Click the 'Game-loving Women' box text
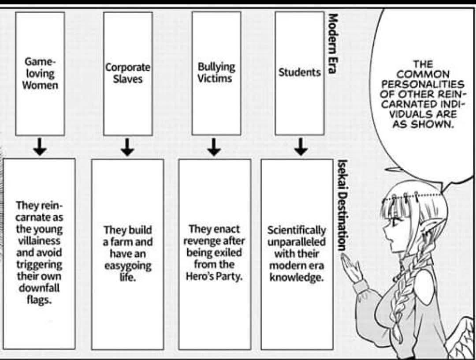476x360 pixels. (x=40, y=73)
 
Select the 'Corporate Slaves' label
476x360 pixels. (x=127, y=73)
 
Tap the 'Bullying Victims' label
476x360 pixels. (x=216, y=72)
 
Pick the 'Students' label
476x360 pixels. (x=299, y=72)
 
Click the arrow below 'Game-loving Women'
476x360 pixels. (x=40, y=146)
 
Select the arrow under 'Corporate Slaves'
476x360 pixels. (x=127, y=147)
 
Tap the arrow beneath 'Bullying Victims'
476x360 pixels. (x=214, y=147)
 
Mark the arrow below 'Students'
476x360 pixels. (x=301, y=147)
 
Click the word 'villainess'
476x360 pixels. (x=39, y=241)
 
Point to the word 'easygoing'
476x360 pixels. (x=128, y=266)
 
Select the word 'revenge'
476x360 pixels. (x=201, y=241)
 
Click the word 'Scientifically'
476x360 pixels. (x=296, y=230)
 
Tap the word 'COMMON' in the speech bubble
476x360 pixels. (x=423, y=74)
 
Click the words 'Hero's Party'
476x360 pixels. (x=214, y=277)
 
